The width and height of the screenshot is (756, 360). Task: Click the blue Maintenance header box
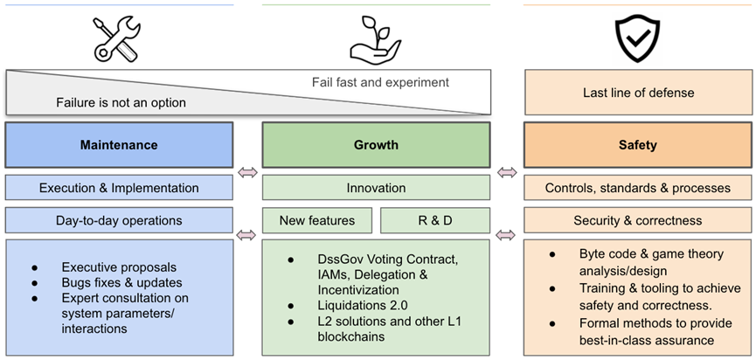coord(119,145)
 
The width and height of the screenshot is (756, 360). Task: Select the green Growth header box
coord(376,145)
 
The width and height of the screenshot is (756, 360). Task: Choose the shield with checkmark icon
coord(637,38)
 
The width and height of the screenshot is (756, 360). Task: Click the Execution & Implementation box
coord(119,188)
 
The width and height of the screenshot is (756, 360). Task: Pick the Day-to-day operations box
coord(119,220)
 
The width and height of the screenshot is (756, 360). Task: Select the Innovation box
coord(376,188)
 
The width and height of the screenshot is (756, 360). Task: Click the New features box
coord(316,220)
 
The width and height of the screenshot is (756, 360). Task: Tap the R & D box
coord(434,220)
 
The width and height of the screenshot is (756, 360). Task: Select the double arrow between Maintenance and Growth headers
coord(247,172)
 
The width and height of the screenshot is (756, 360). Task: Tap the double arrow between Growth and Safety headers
coord(506,172)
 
